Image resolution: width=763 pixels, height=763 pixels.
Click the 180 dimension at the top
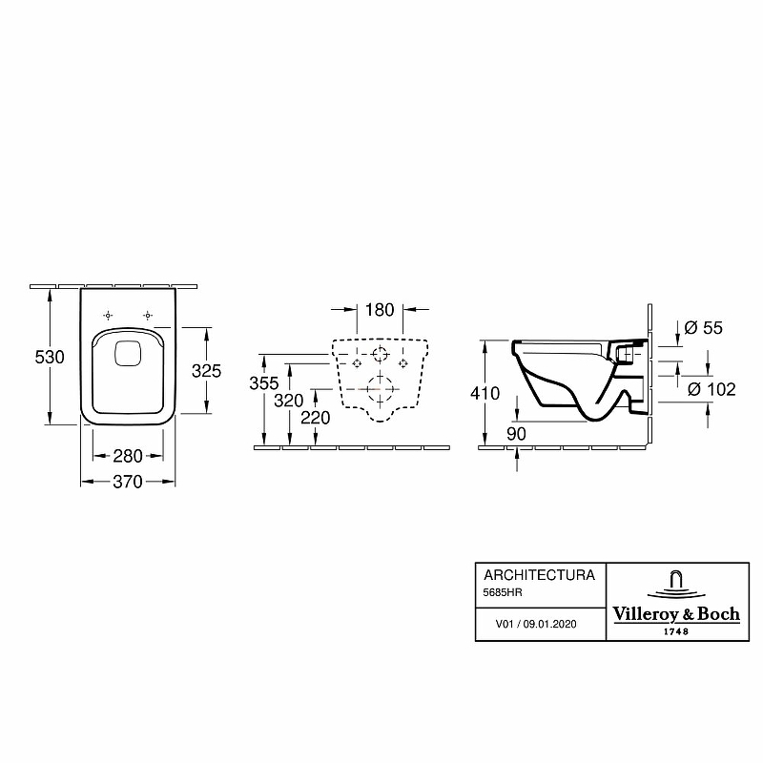[x=380, y=310]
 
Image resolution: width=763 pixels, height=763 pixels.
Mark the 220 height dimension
[x=316, y=417]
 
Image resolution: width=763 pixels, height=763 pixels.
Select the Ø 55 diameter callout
[x=704, y=328]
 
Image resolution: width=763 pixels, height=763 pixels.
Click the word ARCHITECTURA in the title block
[x=539, y=575]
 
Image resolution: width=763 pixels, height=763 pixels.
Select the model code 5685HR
[x=504, y=593]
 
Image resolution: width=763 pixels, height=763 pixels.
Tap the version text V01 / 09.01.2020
[x=536, y=625]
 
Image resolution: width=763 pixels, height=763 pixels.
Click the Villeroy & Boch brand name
[x=674, y=614]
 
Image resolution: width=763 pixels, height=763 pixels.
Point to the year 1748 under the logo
[x=674, y=631]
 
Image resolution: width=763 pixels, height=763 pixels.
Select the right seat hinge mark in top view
[x=148, y=315]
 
